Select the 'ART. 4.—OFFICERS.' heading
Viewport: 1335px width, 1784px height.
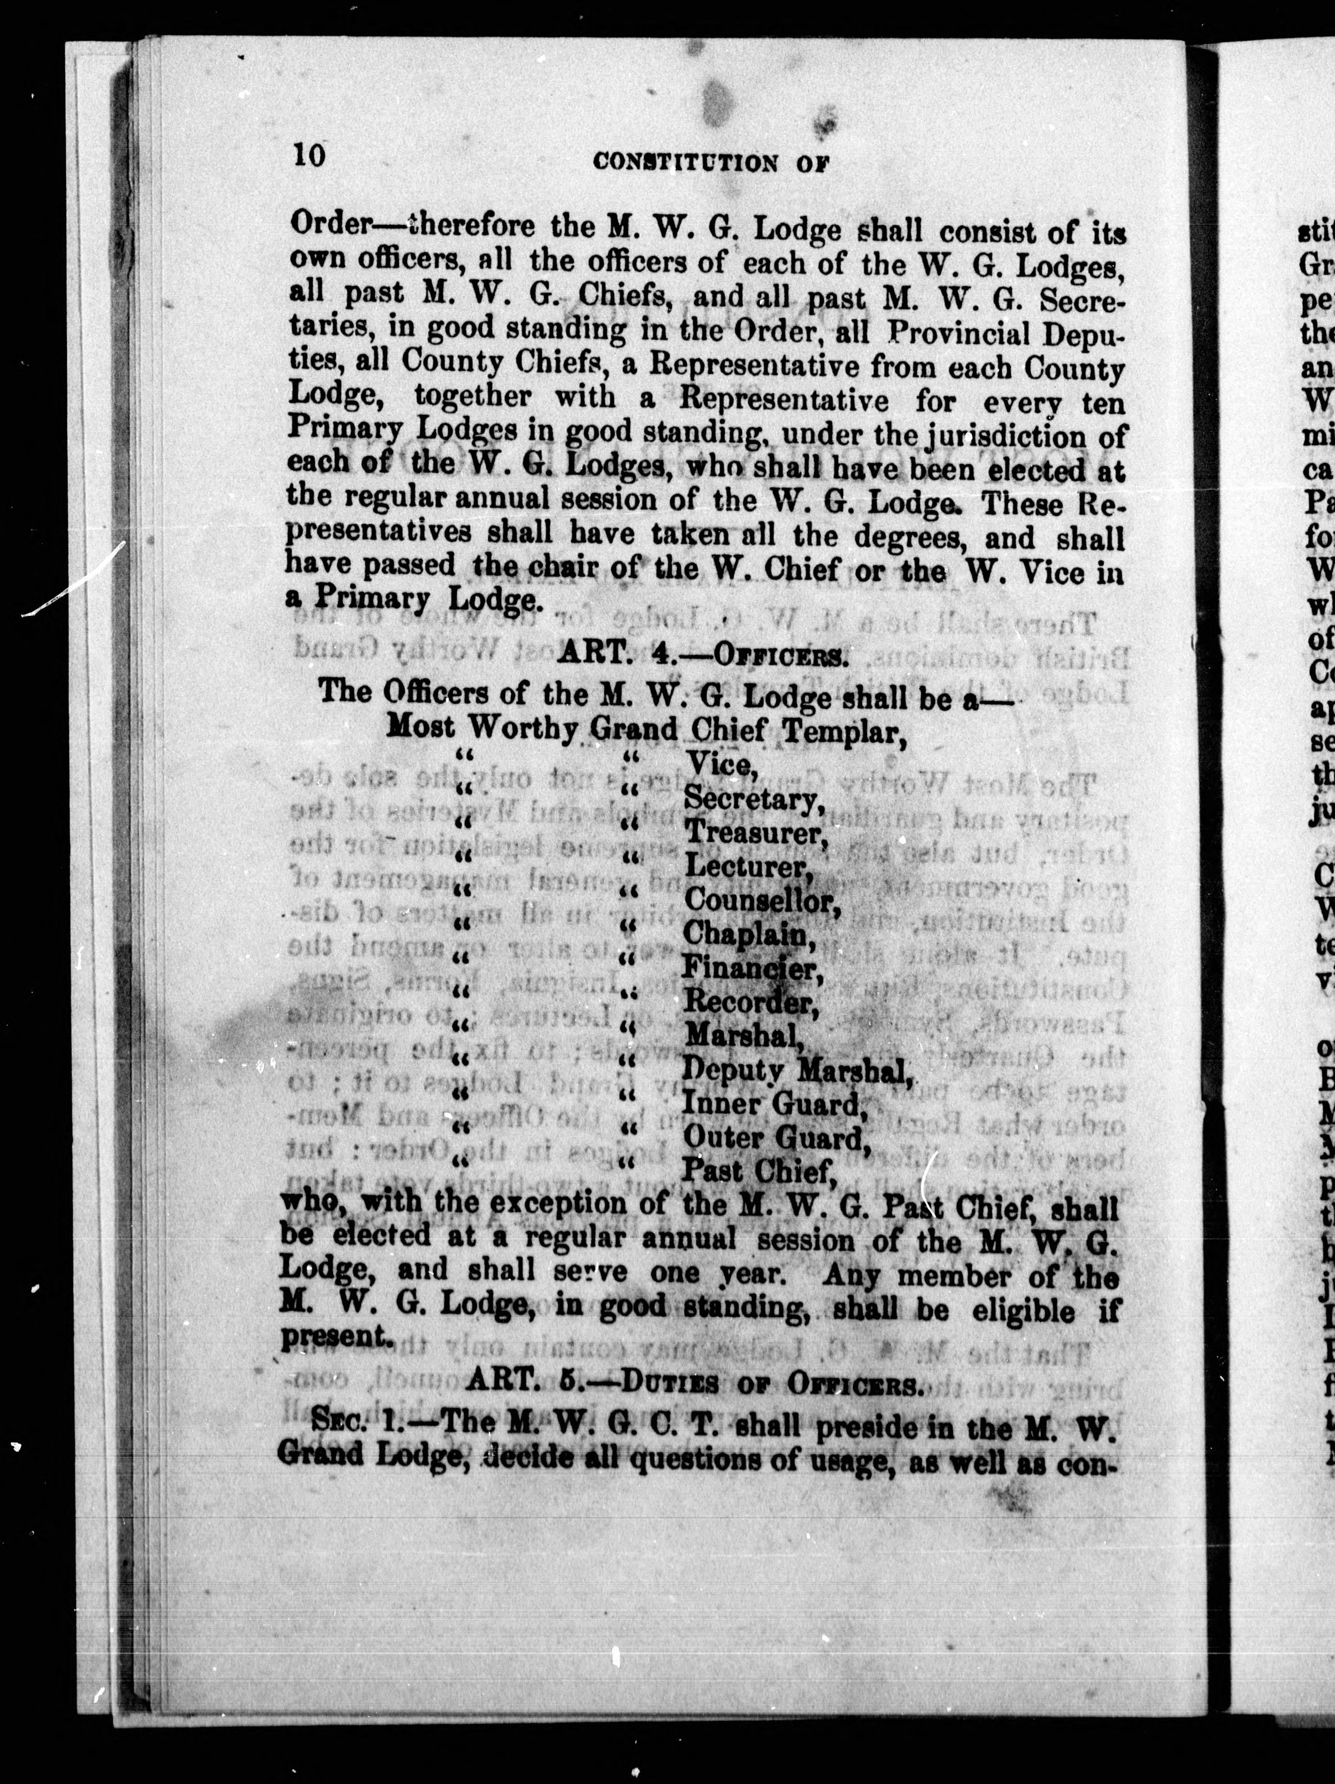click(702, 655)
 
